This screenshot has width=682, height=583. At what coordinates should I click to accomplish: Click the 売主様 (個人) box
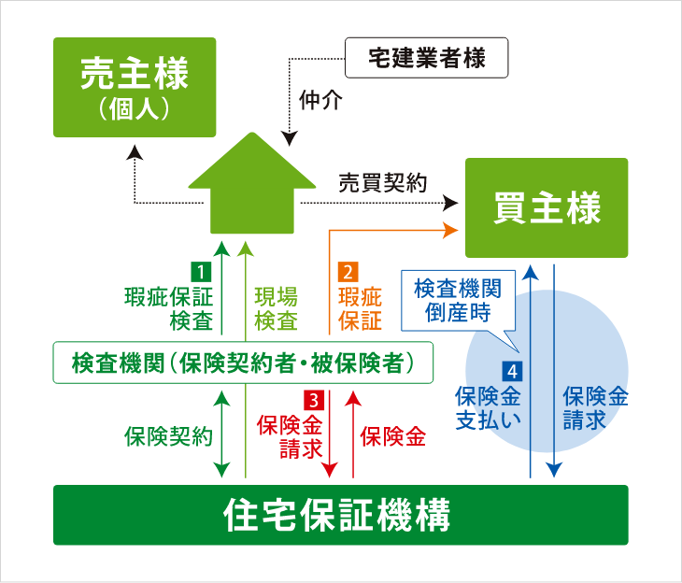135,87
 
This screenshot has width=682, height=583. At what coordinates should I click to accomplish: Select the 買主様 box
547,207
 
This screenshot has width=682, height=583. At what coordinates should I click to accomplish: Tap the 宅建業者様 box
426,57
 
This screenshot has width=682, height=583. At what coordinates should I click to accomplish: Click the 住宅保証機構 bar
341,515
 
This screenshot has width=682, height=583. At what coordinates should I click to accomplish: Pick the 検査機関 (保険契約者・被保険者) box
243,363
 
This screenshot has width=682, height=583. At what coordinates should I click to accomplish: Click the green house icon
252,183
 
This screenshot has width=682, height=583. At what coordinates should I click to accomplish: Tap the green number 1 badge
201,272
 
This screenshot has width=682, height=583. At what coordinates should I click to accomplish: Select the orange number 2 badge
348,272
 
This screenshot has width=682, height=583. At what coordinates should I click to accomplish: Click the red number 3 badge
314,399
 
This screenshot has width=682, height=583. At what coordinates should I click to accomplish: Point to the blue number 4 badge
512,372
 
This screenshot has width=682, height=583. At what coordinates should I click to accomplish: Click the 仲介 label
320,100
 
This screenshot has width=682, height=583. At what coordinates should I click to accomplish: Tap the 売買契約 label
383,182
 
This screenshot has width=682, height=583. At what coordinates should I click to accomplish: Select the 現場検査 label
277,309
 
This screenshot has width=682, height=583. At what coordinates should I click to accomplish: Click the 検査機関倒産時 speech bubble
458,301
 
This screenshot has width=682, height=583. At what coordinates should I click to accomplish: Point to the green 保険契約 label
168,436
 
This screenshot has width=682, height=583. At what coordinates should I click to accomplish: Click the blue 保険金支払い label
488,408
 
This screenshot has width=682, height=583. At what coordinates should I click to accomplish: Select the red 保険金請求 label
291,436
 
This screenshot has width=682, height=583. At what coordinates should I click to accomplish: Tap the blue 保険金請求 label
595,408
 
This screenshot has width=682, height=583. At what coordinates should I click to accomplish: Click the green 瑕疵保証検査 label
169,309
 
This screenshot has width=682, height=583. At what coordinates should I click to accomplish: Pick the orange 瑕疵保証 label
360,309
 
